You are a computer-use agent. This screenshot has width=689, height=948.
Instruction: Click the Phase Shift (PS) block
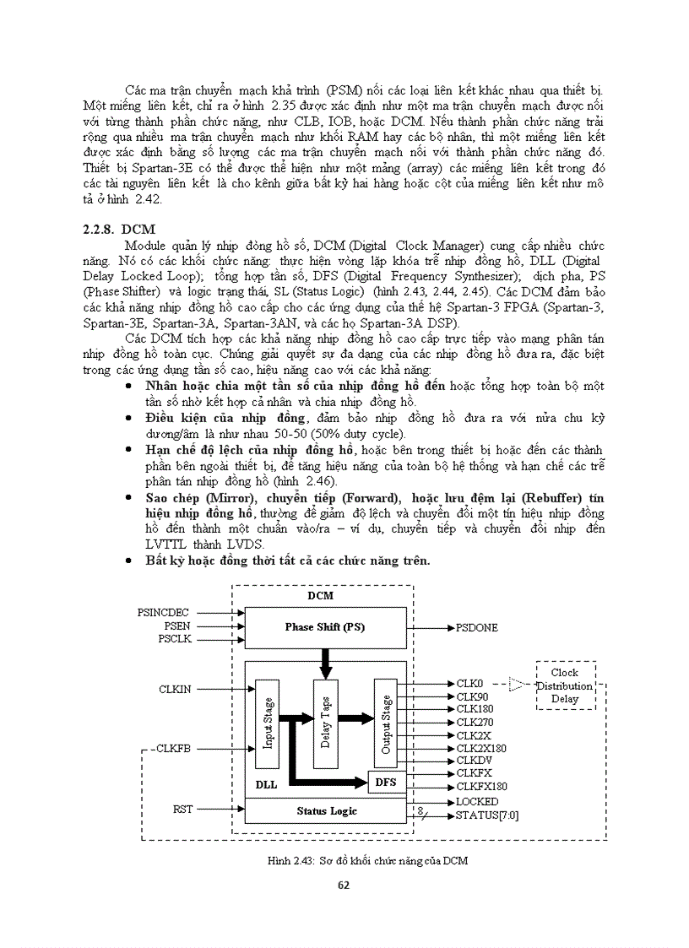click(324, 627)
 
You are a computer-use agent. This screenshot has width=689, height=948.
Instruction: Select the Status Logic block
click(326, 811)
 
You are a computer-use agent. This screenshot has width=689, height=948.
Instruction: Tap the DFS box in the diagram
click(385, 783)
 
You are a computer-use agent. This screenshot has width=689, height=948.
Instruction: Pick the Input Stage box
click(268, 723)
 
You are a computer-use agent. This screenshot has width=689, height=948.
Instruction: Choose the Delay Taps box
click(325, 723)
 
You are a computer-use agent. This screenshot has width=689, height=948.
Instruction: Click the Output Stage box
click(386, 723)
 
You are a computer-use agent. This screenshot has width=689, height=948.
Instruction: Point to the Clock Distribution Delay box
click(565, 685)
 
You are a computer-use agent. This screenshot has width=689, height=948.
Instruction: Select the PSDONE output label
click(476, 628)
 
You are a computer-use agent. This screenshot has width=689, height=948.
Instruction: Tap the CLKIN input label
click(175, 690)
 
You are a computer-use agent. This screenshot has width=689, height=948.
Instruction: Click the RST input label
click(182, 810)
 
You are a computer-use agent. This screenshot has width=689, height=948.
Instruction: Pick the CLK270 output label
click(475, 723)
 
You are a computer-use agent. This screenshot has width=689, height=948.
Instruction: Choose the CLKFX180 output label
click(481, 787)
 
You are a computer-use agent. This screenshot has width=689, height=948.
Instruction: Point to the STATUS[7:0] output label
click(488, 815)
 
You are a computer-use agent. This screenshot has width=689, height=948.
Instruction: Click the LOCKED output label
click(477, 801)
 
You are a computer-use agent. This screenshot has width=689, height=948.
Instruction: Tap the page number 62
click(343, 885)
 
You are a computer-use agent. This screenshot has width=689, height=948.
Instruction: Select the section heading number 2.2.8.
click(98, 230)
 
